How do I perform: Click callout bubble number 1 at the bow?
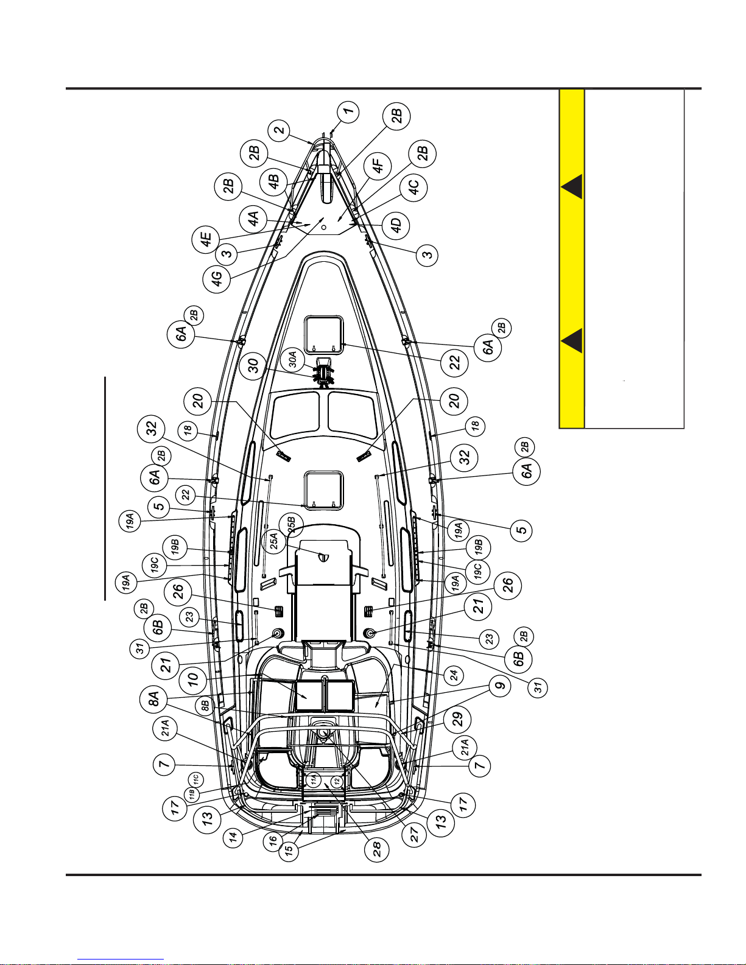(x=347, y=111)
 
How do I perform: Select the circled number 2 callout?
(x=280, y=131)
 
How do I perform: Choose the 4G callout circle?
(x=217, y=278)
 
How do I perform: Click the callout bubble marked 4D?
(x=396, y=226)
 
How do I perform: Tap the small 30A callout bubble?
(x=293, y=360)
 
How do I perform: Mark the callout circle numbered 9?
(x=500, y=687)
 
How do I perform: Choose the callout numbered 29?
(x=457, y=719)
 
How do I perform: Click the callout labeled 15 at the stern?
(x=292, y=851)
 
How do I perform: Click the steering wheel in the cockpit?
(x=323, y=732)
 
